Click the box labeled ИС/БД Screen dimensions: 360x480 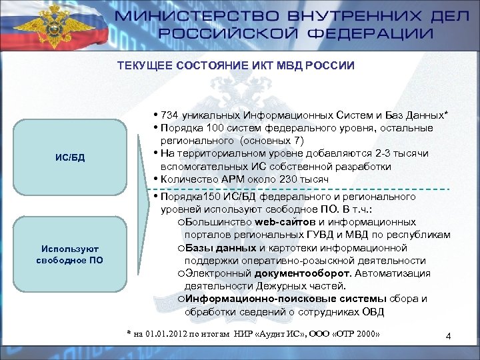pyautogui.click(x=69, y=157)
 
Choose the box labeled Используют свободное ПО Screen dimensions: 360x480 pyautogui.click(x=69, y=254)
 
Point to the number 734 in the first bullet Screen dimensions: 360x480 pyautogui.click(x=171, y=115)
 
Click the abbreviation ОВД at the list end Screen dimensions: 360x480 pyautogui.click(x=373, y=311)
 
